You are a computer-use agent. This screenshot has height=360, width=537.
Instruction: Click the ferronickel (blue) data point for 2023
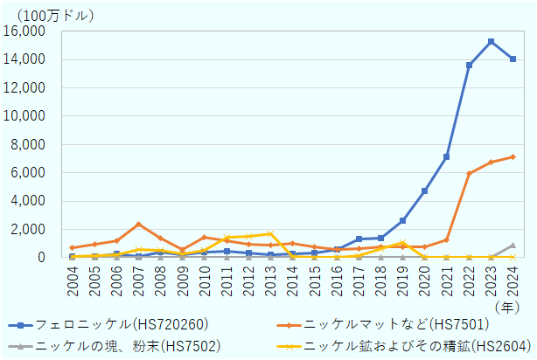click(x=491, y=42)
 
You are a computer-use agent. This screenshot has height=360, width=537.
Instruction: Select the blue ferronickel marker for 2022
click(x=469, y=66)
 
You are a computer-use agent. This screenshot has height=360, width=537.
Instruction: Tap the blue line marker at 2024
click(x=513, y=59)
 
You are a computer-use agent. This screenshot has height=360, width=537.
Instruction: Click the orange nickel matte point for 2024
click(x=513, y=156)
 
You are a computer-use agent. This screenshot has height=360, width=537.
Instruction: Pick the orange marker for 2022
click(x=469, y=173)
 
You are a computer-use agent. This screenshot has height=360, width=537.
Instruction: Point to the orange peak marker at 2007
click(x=138, y=225)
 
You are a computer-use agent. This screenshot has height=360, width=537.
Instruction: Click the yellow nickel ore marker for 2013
click(x=270, y=233)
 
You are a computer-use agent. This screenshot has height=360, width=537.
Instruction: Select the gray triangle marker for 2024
click(x=513, y=246)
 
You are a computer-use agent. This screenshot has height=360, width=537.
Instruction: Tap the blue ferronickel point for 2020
click(x=424, y=190)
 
